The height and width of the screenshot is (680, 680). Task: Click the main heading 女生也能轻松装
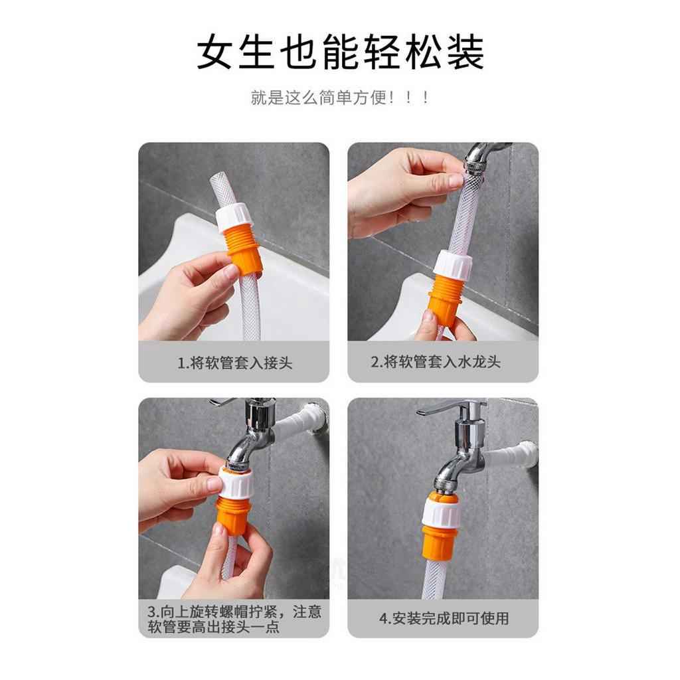tap(340, 52)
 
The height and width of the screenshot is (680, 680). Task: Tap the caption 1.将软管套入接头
tap(234, 363)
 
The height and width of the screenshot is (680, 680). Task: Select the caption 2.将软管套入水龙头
tap(436, 362)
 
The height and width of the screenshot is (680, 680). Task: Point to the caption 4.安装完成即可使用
tap(444, 618)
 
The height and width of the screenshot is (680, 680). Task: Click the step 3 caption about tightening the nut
tap(234, 619)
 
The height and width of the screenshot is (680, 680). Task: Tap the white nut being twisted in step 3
tap(237, 482)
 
